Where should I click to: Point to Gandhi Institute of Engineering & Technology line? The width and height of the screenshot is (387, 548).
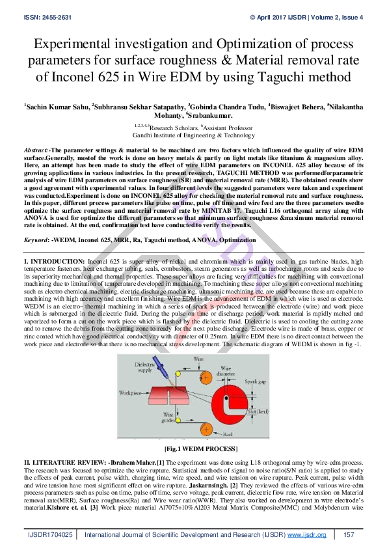(193, 135)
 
